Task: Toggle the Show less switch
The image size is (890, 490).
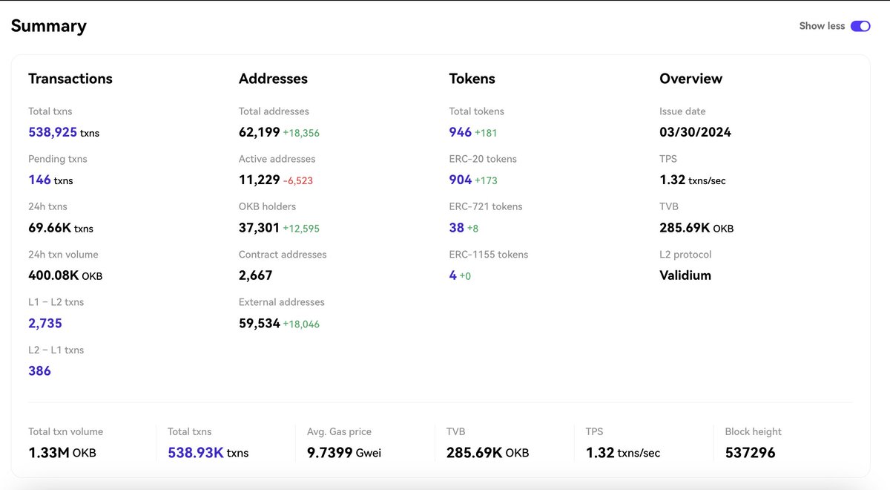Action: click(x=860, y=26)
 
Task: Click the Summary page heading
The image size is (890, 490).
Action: click(x=48, y=26)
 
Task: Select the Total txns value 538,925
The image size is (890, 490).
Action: click(x=52, y=132)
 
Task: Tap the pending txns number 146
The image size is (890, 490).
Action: click(x=39, y=180)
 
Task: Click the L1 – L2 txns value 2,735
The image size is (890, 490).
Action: click(x=45, y=323)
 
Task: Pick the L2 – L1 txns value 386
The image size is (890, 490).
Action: click(x=39, y=370)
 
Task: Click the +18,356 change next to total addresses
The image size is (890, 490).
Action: click(x=301, y=133)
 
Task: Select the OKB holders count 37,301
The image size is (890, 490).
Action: click(x=259, y=228)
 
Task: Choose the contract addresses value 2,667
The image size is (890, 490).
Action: click(x=256, y=275)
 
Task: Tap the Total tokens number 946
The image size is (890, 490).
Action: click(x=461, y=132)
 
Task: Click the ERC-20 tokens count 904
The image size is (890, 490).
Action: click(x=461, y=180)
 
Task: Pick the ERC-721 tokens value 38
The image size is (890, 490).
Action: click(x=456, y=228)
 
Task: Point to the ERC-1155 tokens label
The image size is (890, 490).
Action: click(x=489, y=255)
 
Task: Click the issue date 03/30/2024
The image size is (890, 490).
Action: click(x=695, y=132)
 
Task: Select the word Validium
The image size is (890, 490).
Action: click(x=685, y=275)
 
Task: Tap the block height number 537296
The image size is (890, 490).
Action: click(x=750, y=452)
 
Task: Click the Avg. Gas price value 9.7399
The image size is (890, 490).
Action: click(x=329, y=452)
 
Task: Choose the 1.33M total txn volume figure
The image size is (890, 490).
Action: click(x=48, y=452)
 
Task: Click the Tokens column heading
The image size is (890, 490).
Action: click(x=472, y=79)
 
